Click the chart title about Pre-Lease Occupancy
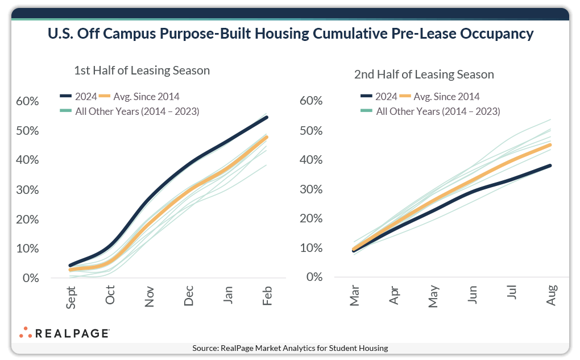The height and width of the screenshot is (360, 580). tap(290, 34)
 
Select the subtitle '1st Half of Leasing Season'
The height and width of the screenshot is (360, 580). tap(142, 71)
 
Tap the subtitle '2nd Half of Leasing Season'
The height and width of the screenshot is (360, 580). tap(424, 75)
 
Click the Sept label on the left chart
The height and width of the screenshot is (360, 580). tap(71, 297)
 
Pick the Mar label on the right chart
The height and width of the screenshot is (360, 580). tap(355, 296)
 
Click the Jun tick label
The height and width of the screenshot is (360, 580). tap(473, 296)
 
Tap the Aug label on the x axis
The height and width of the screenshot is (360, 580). tap(551, 296)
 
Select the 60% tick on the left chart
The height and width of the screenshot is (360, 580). tap(27, 101)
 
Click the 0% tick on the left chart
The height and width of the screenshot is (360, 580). tap(31, 278)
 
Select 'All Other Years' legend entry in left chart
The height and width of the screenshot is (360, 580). tap(130, 111)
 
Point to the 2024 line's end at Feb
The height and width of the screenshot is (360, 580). tap(267, 117)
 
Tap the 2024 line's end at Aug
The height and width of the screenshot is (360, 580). tap(551, 165)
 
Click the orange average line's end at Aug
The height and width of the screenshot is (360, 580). tap(551, 144)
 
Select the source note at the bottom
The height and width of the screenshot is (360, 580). tap(290, 348)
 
